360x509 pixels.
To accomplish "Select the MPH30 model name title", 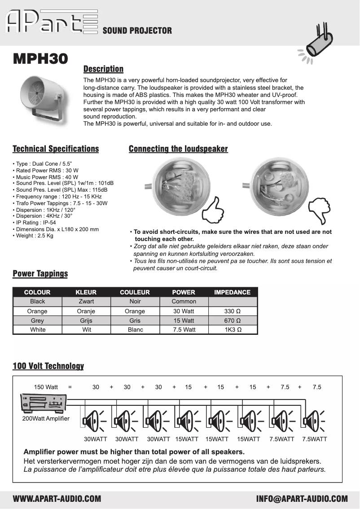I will coord(40,58).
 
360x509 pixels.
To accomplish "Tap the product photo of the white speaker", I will coord(42,98).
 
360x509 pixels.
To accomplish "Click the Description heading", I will coord(103,69).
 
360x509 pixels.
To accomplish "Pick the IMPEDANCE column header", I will coord(232,292).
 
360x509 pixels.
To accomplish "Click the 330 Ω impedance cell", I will coord(232,311).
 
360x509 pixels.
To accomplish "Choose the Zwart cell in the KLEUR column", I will coord(86,302).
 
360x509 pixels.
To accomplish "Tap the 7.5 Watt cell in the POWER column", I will coord(184,330).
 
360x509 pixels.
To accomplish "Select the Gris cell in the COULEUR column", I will coord(135,320).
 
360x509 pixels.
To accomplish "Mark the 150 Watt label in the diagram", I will coord(46,387).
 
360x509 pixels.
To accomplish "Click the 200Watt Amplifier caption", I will coord(46,418).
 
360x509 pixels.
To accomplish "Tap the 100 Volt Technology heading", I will coord(48,366).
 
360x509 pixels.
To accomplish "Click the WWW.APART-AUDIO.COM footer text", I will coord(57,499).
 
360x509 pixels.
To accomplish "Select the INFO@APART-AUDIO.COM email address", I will coord(302,499).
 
